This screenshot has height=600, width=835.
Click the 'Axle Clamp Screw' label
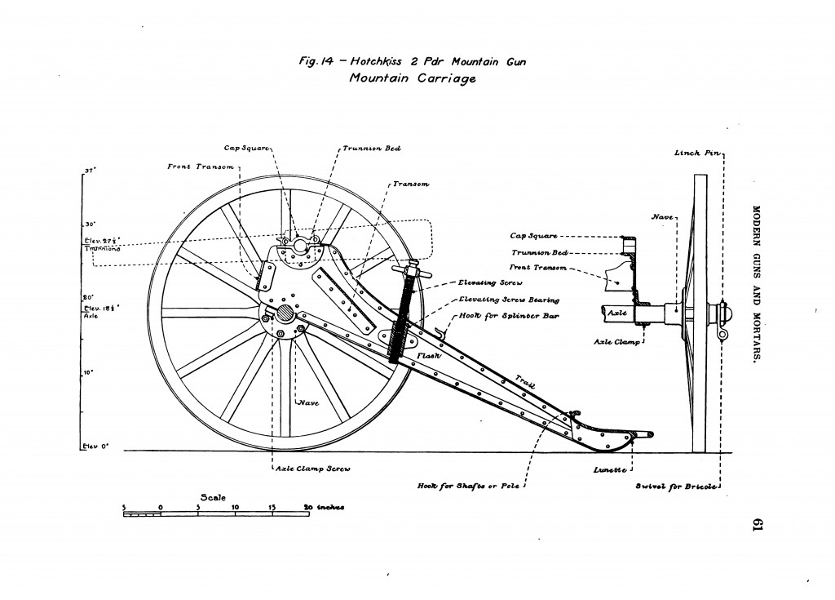305,469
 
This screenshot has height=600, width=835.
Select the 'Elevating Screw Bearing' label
498,300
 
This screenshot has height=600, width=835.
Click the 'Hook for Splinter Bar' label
499,315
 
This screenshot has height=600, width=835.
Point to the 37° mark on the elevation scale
90,171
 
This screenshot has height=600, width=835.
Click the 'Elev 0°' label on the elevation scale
95,447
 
